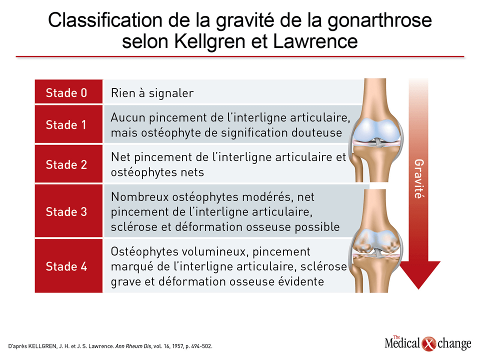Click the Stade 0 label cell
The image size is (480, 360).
click(68, 91)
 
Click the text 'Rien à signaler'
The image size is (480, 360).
click(152, 93)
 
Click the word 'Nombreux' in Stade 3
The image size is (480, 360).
click(139, 197)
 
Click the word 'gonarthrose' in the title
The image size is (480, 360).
click(379, 21)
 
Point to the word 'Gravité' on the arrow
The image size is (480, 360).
click(419, 179)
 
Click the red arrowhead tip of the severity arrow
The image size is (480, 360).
click(418, 288)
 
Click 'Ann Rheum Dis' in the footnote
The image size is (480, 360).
click(133, 346)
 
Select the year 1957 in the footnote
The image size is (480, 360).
click(177, 346)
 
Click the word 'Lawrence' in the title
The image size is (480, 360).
click(315, 41)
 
